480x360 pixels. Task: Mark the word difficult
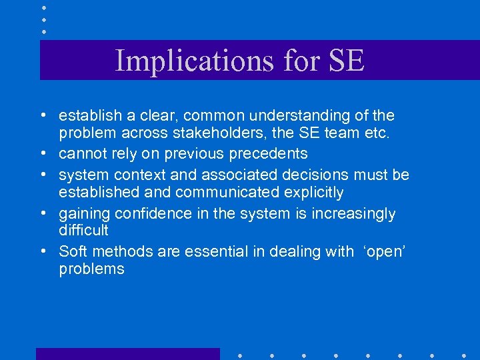pyautogui.click(x=83, y=231)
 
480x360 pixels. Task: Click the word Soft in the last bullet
pyautogui.click(x=72, y=251)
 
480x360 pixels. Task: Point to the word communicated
pyautogui.click(x=234, y=193)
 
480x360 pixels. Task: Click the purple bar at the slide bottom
pyautogui.click(x=127, y=354)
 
